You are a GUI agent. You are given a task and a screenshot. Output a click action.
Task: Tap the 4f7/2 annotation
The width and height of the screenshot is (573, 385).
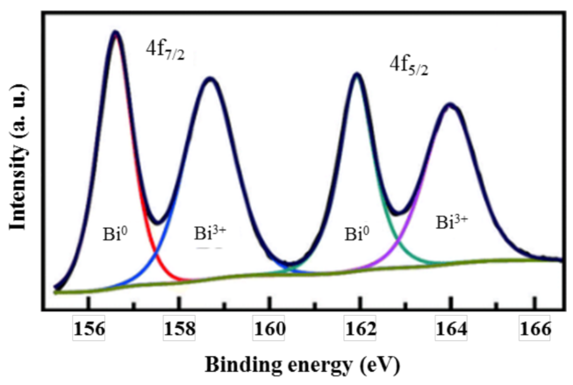(165, 50)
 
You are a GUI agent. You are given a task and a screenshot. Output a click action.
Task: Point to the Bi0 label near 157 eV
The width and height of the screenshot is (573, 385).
(115, 234)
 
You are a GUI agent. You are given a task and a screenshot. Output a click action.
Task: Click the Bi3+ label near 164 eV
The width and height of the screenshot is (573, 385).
(453, 223)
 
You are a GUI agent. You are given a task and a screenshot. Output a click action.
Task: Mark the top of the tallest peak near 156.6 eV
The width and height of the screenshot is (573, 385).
(114, 33)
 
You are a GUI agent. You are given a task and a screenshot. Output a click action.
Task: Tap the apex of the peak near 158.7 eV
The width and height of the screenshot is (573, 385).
(209, 79)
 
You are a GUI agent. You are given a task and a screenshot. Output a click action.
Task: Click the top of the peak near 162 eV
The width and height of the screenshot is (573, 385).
(356, 75)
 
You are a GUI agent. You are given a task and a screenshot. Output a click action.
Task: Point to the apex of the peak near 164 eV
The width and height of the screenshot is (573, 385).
(450, 105)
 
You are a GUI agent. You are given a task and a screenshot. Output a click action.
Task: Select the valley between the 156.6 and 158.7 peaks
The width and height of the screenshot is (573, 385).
(157, 222)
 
